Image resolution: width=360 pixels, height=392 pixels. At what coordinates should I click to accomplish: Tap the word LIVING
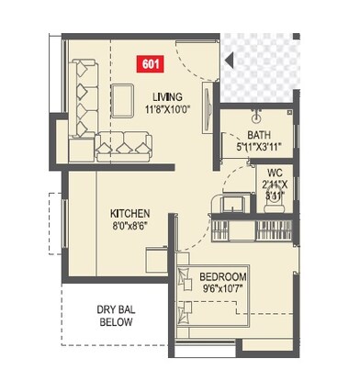pyautogui.click(x=167, y=96)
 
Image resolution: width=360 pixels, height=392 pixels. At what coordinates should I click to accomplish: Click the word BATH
pyautogui.click(x=258, y=133)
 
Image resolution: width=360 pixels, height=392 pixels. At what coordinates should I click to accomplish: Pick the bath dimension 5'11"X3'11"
pyautogui.click(x=258, y=145)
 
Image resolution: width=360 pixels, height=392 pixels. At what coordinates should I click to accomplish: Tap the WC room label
pyautogui.click(x=274, y=173)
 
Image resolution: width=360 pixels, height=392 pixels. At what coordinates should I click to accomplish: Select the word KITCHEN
pyautogui.click(x=130, y=210)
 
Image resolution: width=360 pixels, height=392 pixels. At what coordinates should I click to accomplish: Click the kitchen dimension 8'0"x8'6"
pyautogui.click(x=130, y=223)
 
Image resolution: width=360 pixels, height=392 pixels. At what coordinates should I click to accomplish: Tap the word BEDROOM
pyautogui.click(x=223, y=277)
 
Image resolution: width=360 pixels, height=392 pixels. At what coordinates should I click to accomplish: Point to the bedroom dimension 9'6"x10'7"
pyautogui.click(x=223, y=290)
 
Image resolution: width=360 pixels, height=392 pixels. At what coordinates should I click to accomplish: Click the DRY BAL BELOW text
pyautogui.click(x=116, y=316)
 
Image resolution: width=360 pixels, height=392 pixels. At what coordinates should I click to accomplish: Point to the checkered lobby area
pyautogui.click(x=266, y=69)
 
